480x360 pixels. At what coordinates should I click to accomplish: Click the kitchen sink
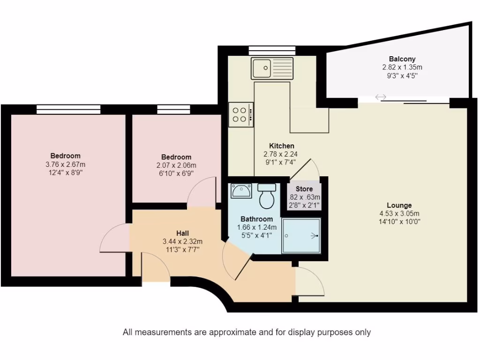tap(271, 68)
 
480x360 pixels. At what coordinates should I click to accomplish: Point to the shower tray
tap(301, 236)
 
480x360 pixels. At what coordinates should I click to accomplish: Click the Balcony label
tap(402, 59)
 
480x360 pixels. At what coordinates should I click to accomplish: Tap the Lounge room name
tap(399, 205)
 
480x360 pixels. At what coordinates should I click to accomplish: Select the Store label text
tap(304, 189)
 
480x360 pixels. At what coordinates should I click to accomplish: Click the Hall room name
tap(182, 233)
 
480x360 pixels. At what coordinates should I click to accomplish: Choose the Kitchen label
tap(281, 146)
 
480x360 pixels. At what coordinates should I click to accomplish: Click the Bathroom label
tap(256, 219)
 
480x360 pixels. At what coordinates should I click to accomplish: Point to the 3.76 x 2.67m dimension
tap(65, 164)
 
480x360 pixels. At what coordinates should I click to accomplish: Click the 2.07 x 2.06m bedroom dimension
tap(176, 165)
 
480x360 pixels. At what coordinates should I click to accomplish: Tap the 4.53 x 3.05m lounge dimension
tap(399, 214)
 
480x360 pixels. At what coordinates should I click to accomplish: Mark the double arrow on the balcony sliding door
tap(380, 97)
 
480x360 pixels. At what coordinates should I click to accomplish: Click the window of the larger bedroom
tap(68, 109)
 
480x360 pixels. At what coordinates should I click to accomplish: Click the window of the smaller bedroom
tap(170, 109)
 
